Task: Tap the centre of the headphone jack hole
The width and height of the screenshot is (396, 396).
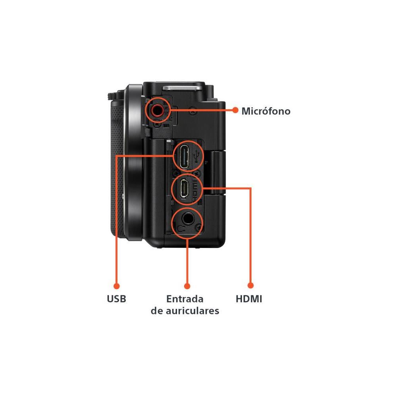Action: coord(188,219)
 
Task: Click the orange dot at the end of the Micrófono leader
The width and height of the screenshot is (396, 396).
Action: coord(235,110)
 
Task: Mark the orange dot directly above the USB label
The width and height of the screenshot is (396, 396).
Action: coord(116,286)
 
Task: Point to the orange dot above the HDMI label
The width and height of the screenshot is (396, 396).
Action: coord(250,286)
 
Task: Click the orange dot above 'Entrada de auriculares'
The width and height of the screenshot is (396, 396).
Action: coord(187,286)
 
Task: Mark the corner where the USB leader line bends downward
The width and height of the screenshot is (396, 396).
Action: coord(116,156)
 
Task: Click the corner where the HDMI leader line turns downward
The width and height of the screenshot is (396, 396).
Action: coord(250,188)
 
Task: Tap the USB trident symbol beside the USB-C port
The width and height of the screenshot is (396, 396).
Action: coord(196,156)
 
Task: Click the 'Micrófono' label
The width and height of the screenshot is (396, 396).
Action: coord(266,111)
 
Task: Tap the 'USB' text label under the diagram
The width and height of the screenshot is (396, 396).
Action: coord(116,299)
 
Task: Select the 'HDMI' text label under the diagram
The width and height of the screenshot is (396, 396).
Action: coord(249,299)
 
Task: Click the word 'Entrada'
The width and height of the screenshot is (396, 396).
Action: coord(185,299)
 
